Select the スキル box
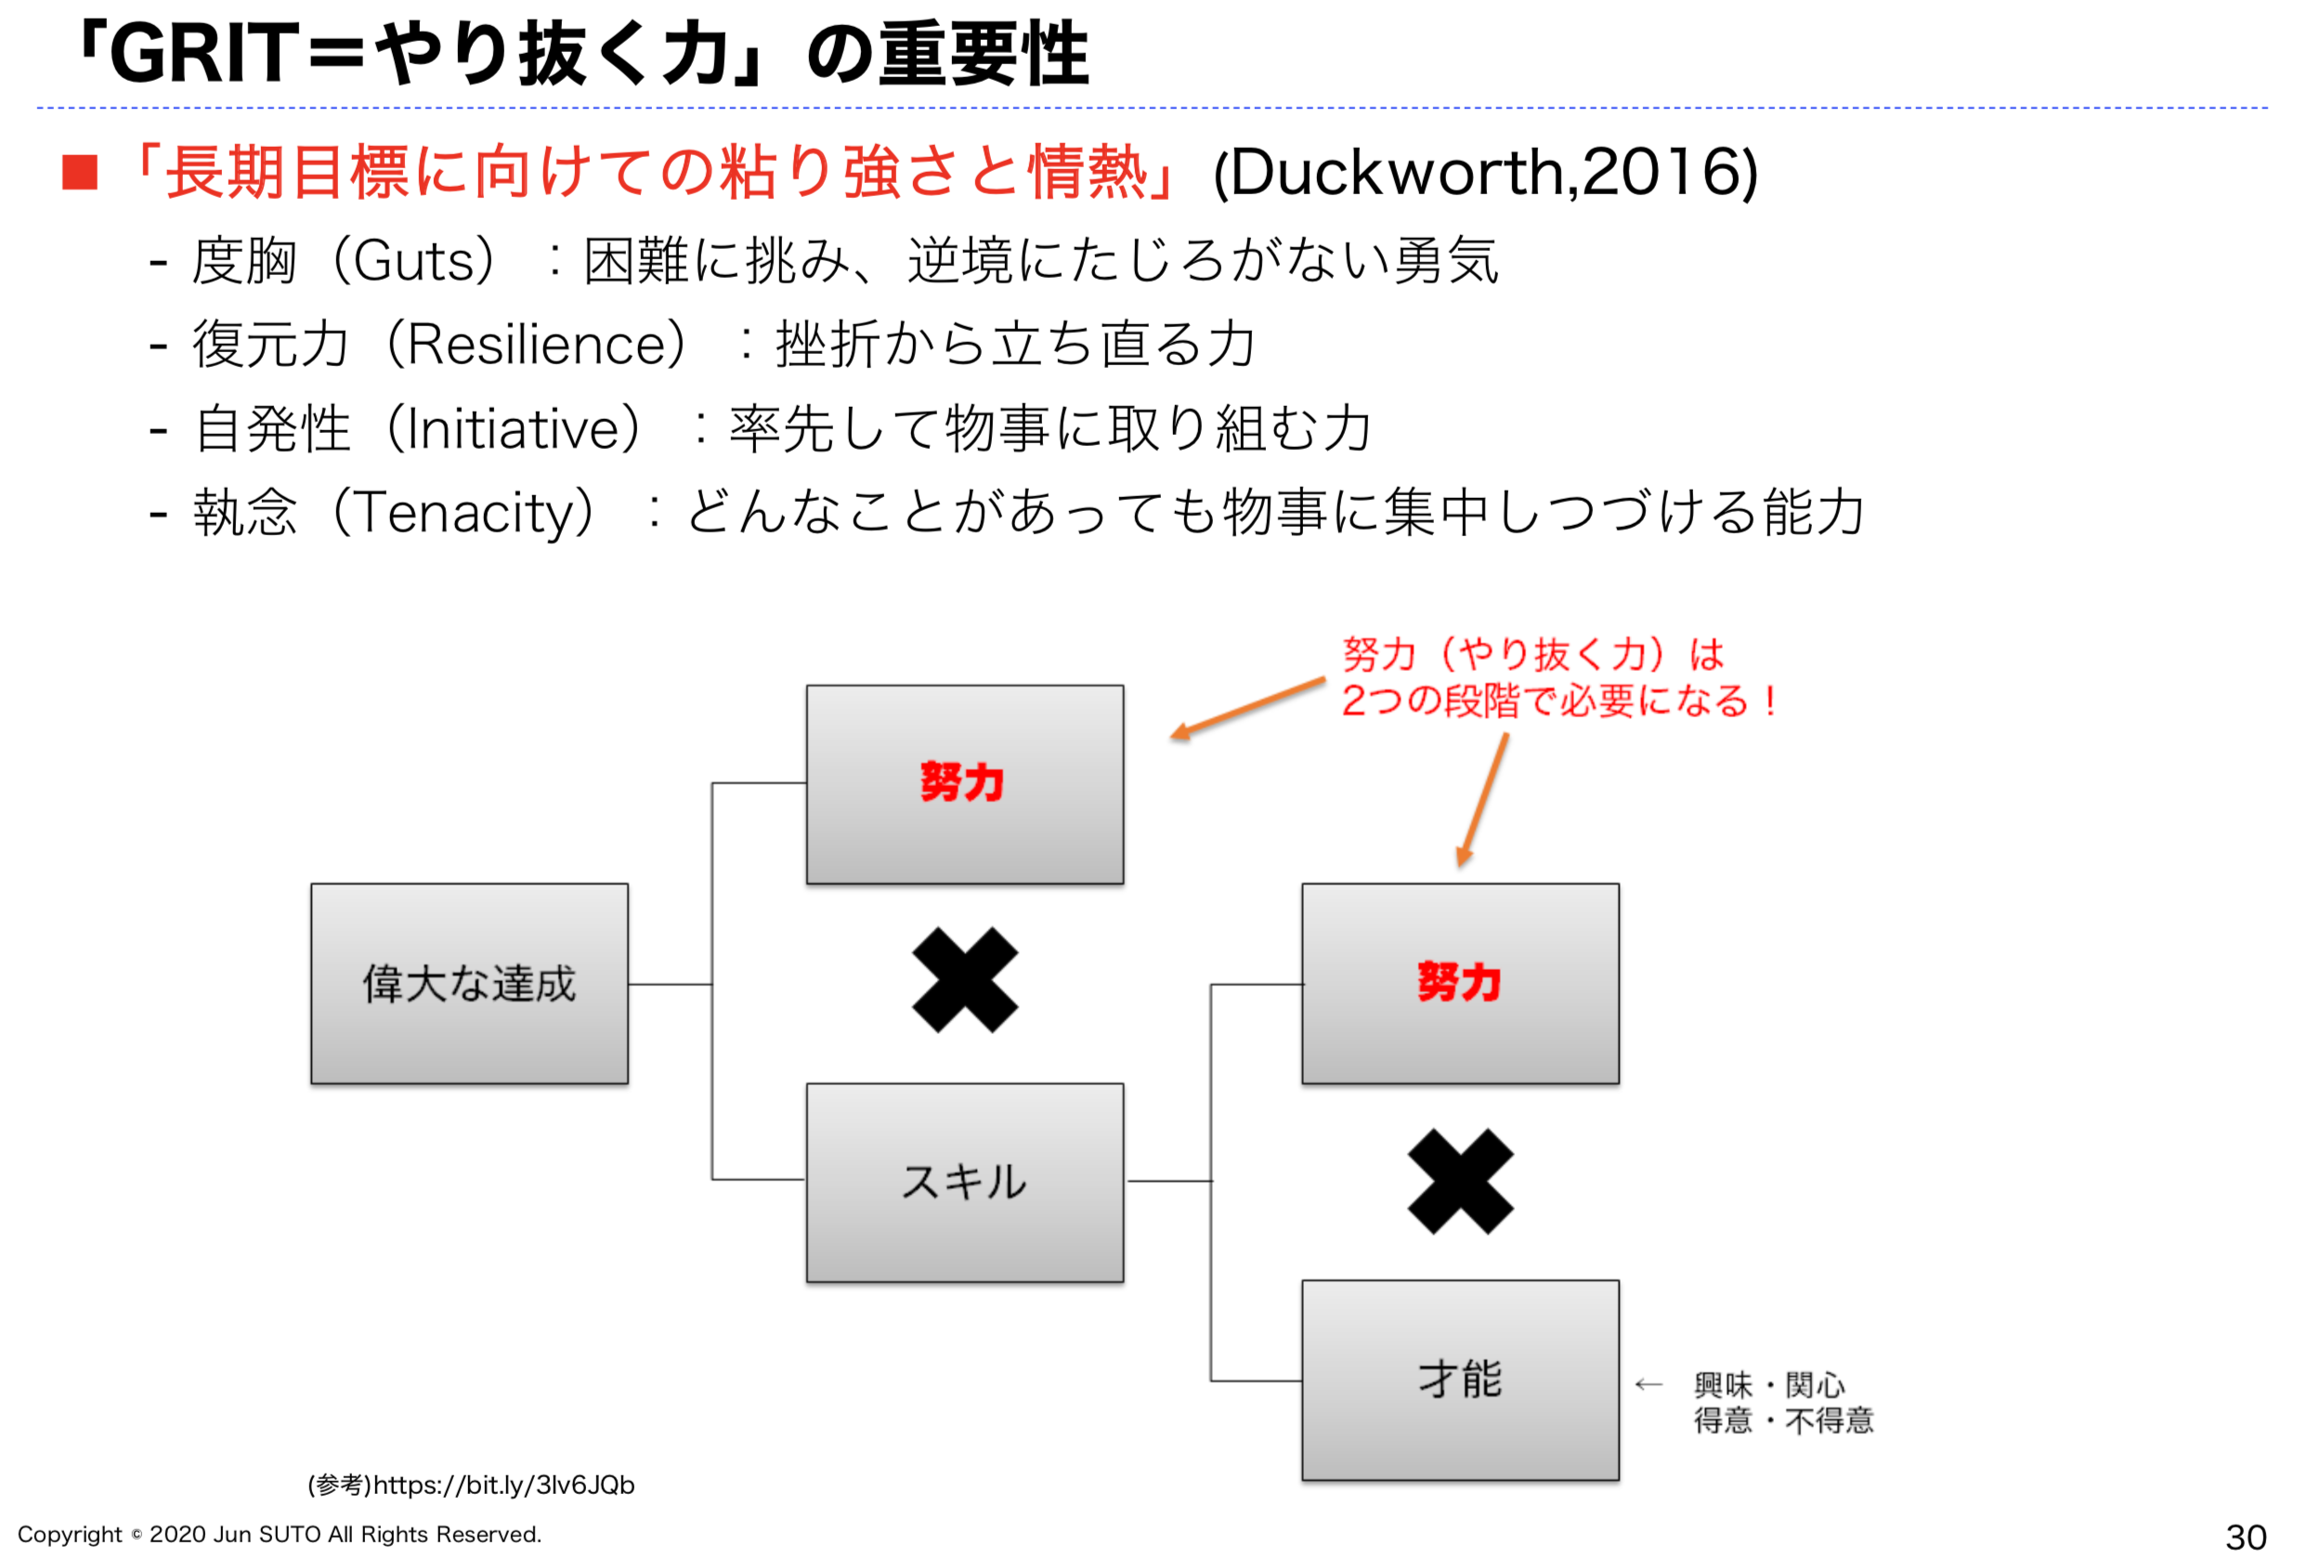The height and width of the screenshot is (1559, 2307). [x=964, y=1182]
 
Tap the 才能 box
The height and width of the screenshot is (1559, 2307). [x=1459, y=1380]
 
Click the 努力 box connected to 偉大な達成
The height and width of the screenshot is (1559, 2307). [x=964, y=783]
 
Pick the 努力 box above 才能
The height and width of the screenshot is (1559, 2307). [x=1459, y=983]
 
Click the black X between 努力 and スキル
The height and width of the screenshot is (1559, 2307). [x=964, y=980]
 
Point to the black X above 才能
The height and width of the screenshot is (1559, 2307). [x=1459, y=1181]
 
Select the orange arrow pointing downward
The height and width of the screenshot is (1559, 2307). [x=1483, y=798]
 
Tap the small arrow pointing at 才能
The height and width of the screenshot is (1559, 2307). [x=1648, y=1384]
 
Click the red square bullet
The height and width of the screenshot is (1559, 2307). [x=80, y=172]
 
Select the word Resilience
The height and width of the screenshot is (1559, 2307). [x=537, y=345]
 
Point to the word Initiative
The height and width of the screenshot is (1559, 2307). [x=514, y=429]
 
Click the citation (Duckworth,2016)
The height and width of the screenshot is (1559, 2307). [x=1485, y=172]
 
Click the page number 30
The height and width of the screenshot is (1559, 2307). [x=2246, y=1537]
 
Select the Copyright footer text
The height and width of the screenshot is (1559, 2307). [x=279, y=1534]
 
